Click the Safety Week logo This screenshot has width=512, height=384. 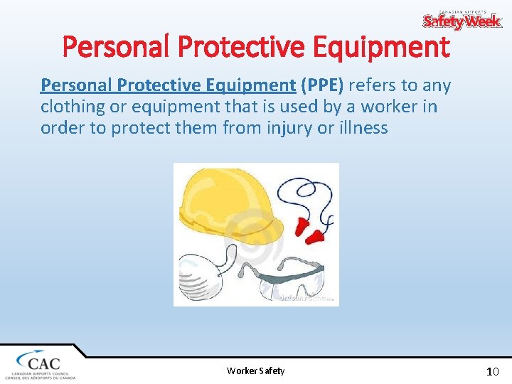click(x=462, y=21)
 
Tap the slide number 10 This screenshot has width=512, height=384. click(x=492, y=371)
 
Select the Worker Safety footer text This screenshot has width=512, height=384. click(x=255, y=370)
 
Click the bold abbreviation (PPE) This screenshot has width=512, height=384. click(x=321, y=86)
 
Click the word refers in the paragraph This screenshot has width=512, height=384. click(x=375, y=86)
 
